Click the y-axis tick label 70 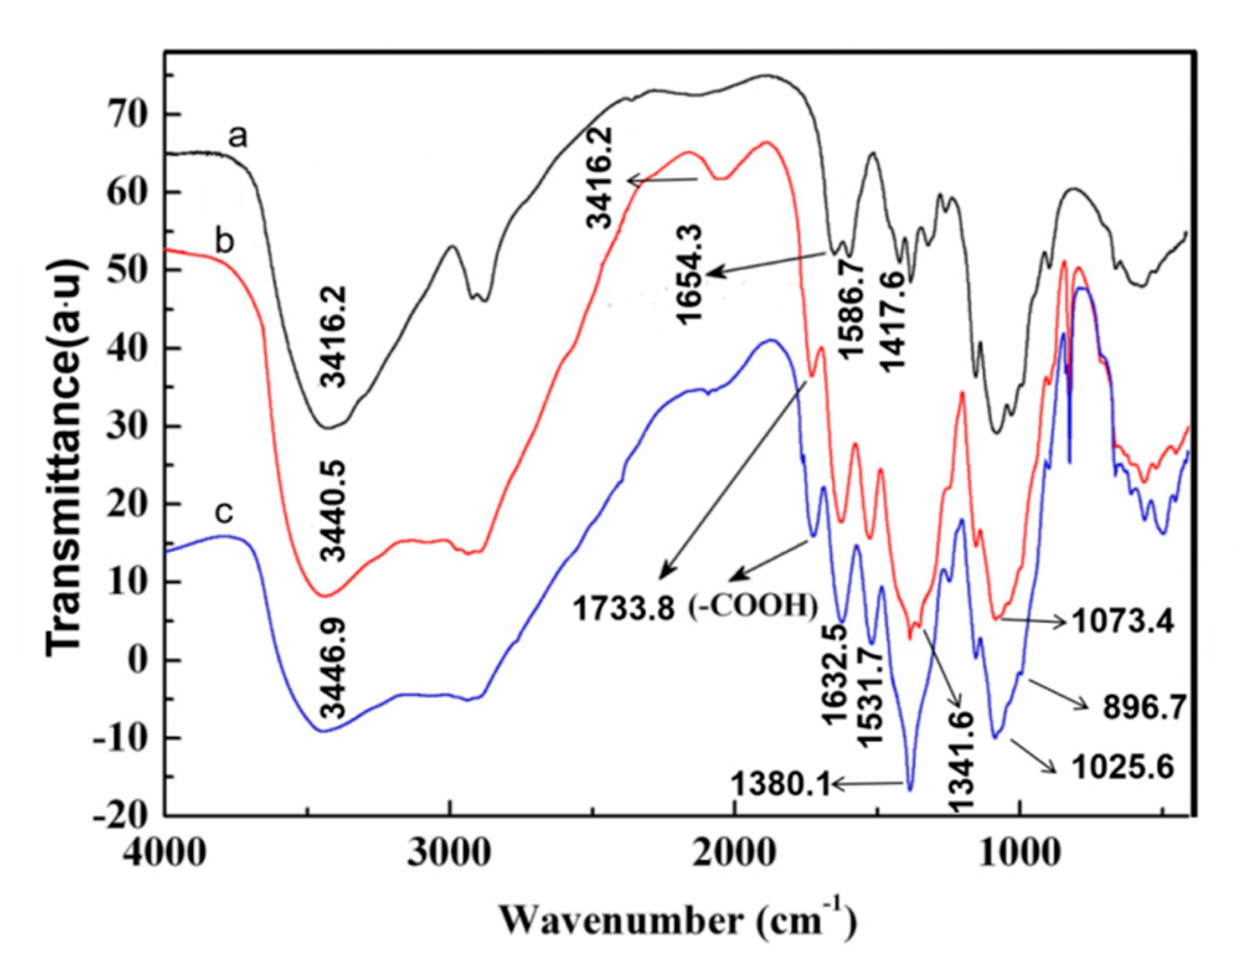click(x=127, y=114)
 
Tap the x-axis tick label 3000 click(x=449, y=852)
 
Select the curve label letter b click(x=225, y=241)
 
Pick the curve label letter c click(x=223, y=512)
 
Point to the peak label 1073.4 click(x=1123, y=621)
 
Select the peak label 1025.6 click(x=1123, y=767)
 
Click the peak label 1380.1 click(x=780, y=785)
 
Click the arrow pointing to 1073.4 click(x=1033, y=620)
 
